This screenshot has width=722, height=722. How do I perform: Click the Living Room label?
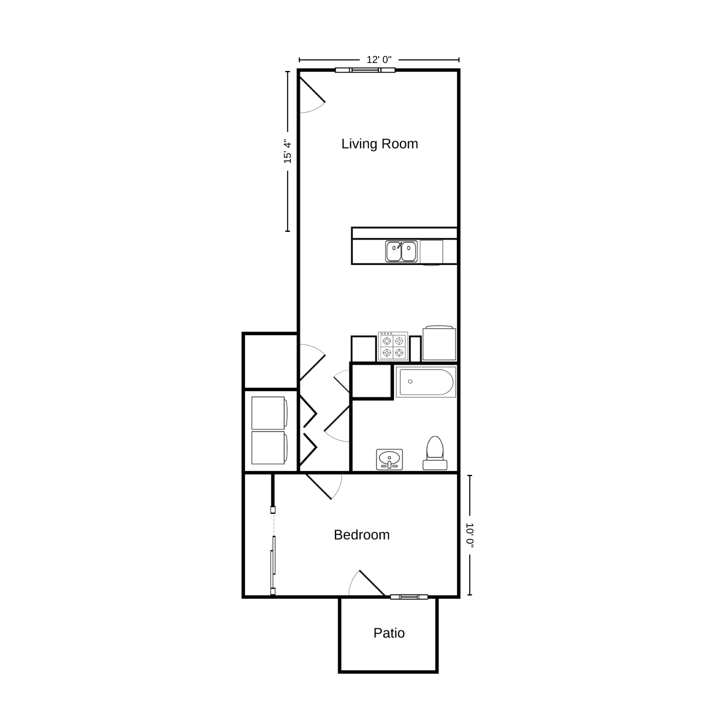(379, 144)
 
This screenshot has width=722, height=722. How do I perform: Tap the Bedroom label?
(362, 535)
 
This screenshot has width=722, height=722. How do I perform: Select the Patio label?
(389, 633)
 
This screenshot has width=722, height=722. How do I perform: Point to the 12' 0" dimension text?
(379, 60)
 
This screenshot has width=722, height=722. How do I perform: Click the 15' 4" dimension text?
(288, 151)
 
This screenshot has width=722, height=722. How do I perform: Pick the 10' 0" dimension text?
(470, 535)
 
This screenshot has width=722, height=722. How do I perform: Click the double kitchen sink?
(401, 251)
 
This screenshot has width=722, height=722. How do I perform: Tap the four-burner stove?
(393, 346)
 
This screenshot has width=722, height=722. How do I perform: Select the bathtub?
(426, 382)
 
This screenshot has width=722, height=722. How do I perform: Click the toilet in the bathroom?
(435, 453)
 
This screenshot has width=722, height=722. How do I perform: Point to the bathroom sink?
(389, 459)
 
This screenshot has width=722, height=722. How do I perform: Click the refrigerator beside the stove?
(439, 343)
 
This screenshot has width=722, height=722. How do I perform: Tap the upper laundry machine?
(270, 413)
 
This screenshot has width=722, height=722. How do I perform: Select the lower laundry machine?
(270, 448)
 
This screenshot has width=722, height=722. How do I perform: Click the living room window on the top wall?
(365, 70)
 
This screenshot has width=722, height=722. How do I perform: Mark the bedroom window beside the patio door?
(409, 597)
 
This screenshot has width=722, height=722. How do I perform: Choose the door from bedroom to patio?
(367, 583)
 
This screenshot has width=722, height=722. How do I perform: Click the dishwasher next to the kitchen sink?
(432, 252)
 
